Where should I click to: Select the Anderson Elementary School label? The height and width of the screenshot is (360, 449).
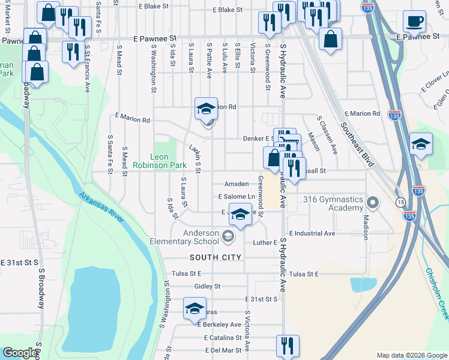pos(184,238)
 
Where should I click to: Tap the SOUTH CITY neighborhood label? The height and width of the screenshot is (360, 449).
pos(215,257)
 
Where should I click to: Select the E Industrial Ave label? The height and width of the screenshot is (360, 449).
pos(312,233)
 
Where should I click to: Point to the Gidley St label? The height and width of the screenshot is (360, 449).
pos(208,286)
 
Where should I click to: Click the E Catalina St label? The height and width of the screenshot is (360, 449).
pos(222,338)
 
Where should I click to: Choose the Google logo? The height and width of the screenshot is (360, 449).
pos(20,353)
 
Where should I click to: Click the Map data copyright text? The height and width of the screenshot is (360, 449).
pos(412,355)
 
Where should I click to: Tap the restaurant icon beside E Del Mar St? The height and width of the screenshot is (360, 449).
pos(288,345)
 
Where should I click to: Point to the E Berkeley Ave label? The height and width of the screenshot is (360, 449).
pos(219,324)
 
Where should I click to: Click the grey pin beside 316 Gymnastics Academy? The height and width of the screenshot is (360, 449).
pos(372,203)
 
